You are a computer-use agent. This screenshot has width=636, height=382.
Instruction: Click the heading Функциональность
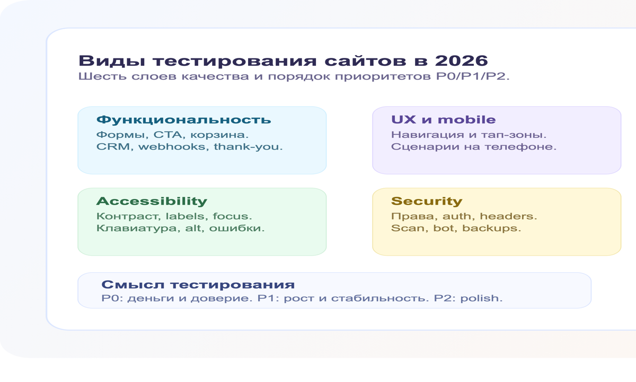click(x=183, y=119)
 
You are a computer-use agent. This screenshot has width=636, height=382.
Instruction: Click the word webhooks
click(x=174, y=146)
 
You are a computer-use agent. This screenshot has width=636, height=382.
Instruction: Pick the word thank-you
click(x=248, y=146)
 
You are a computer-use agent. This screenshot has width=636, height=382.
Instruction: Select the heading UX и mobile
click(x=443, y=119)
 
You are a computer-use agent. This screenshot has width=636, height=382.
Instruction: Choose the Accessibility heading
click(x=152, y=201)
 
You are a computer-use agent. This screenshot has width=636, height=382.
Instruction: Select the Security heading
click(x=427, y=201)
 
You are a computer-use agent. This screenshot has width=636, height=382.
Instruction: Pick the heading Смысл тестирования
click(x=198, y=284)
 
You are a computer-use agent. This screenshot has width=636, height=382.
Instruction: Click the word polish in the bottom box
click(x=480, y=298)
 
